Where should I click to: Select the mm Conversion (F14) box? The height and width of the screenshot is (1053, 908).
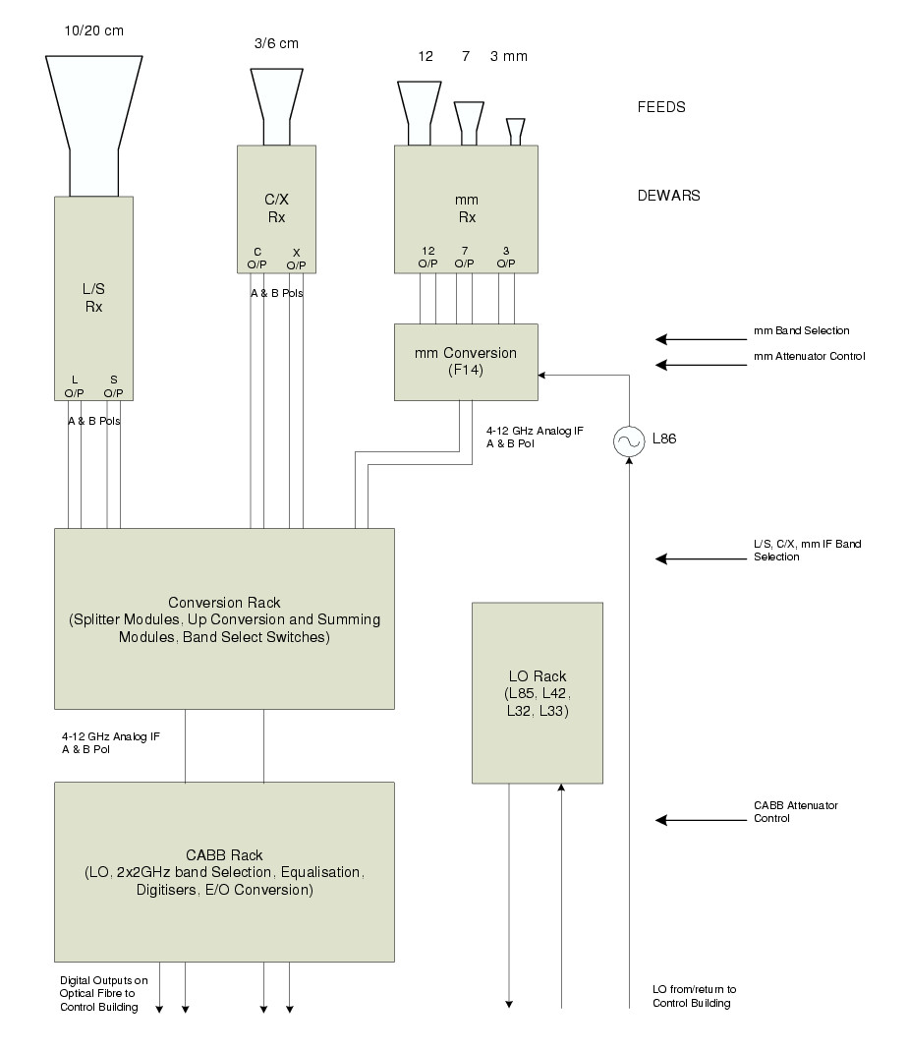pos(466,362)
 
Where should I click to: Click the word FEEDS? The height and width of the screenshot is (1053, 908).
pos(661,106)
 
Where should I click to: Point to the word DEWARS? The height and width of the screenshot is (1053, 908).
pos(668,196)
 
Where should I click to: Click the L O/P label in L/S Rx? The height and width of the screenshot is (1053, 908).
pos(75,386)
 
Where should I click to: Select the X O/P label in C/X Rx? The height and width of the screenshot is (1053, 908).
pos(296,259)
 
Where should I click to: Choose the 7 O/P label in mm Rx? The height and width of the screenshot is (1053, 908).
pos(466,258)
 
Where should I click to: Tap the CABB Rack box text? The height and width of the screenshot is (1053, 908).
pos(224,872)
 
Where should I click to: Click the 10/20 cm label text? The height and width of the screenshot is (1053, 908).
pos(94,30)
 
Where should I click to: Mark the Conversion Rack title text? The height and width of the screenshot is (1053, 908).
pos(224,601)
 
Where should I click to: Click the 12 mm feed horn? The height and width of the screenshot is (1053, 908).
pos(419,110)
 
